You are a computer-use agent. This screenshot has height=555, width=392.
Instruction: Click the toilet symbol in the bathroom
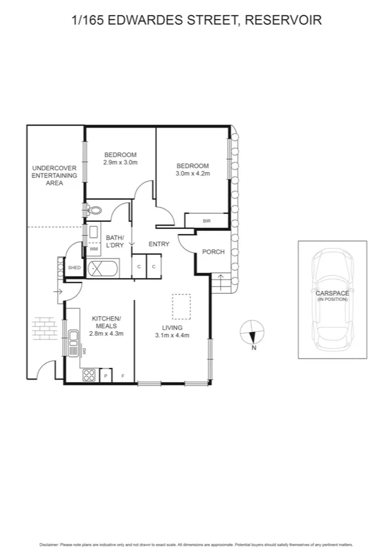pyautogui.click(x=94, y=210)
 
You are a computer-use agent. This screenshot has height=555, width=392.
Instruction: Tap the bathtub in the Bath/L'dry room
pyautogui.click(x=103, y=268)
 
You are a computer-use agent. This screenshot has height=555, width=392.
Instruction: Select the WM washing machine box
pyautogui.click(x=94, y=249)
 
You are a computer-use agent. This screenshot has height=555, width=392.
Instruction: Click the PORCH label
pyautogui.click(x=213, y=252)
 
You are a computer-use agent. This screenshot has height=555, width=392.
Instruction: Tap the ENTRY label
pyautogui.click(x=159, y=244)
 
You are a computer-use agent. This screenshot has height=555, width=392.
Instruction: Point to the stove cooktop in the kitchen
pyautogui.click(x=89, y=376)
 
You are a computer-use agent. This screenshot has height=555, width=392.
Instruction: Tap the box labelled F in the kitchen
pyautogui.click(x=124, y=376)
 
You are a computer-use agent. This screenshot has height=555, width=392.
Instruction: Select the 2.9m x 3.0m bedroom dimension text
pyautogui.click(x=120, y=162)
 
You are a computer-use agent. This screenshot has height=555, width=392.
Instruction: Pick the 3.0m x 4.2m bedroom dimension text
pyautogui.click(x=192, y=173)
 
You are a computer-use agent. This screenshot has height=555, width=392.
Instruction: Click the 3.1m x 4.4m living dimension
pyautogui.click(x=172, y=336)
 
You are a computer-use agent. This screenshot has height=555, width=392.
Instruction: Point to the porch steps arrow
pyautogui.click(x=221, y=283)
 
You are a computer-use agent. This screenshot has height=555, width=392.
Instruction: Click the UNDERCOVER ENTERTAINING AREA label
pyautogui.click(x=54, y=175)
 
